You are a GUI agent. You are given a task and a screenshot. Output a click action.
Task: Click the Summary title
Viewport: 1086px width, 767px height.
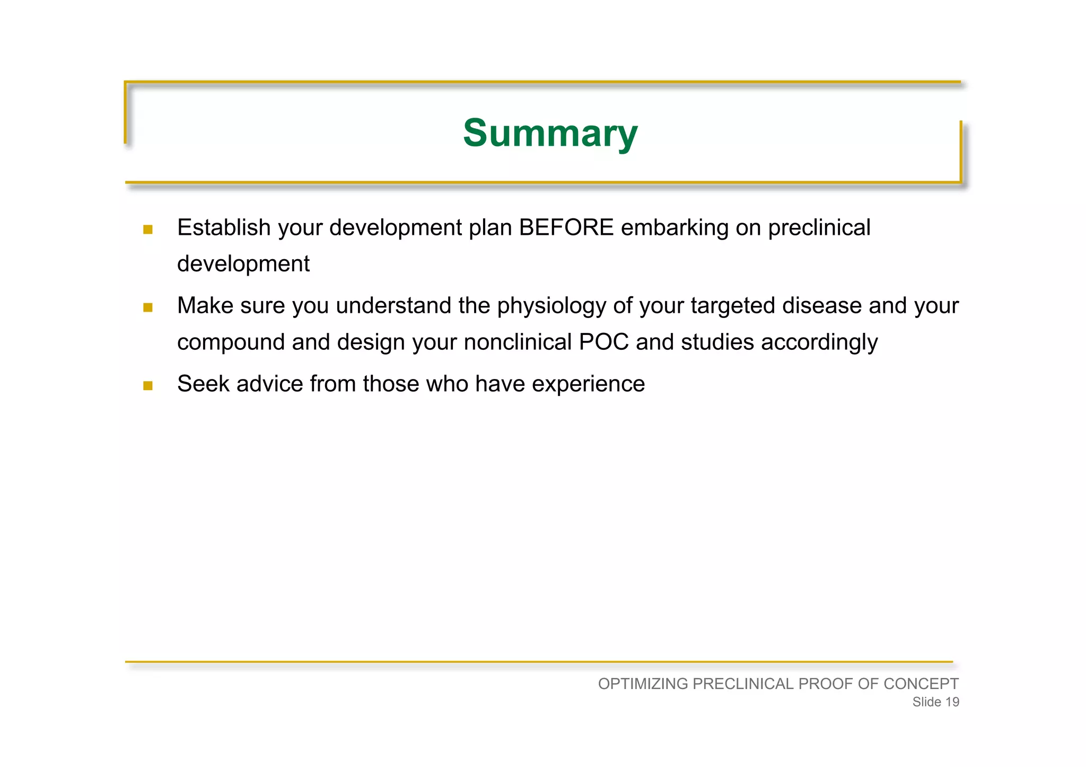(550, 133)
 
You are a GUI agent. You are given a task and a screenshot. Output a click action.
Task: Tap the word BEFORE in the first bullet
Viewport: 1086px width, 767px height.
(566, 228)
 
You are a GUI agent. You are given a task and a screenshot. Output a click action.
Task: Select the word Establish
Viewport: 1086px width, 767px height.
(223, 228)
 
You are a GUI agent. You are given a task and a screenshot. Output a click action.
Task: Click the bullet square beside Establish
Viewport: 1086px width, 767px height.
(148, 230)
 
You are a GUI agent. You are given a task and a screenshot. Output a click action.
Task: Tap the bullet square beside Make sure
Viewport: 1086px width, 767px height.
(148, 307)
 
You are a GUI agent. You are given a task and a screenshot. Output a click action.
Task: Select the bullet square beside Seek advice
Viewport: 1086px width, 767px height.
(148, 385)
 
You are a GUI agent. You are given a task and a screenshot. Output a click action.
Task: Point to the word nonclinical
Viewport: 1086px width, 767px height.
(518, 342)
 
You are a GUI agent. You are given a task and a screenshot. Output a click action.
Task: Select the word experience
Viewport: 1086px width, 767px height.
(588, 384)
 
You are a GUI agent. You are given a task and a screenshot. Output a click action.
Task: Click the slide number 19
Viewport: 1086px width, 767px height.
(952, 702)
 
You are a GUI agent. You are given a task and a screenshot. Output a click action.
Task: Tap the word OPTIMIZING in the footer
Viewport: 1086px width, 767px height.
(643, 684)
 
